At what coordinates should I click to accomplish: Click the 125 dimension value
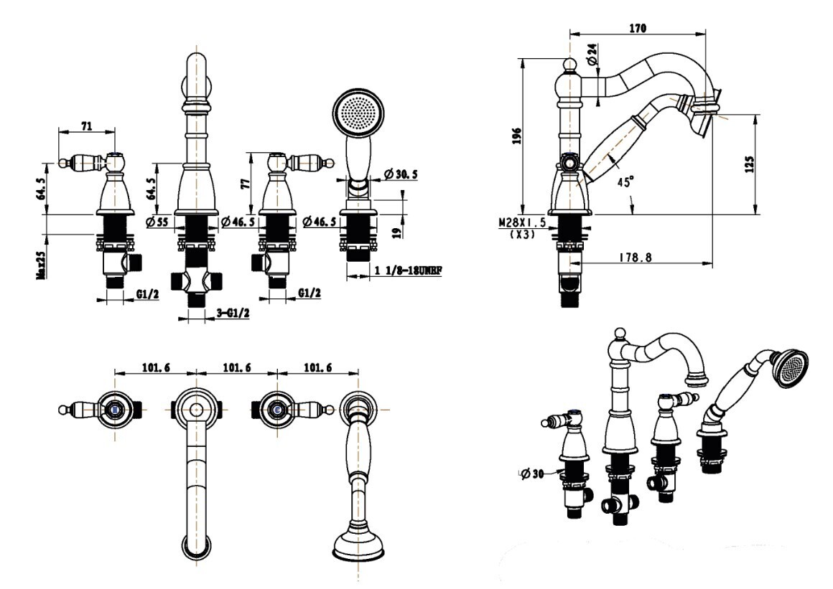click(750, 164)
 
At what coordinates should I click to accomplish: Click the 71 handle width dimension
click(86, 126)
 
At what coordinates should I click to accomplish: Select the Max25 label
click(42, 262)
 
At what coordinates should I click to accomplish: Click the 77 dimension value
click(243, 183)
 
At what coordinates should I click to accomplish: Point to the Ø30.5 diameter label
click(401, 174)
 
